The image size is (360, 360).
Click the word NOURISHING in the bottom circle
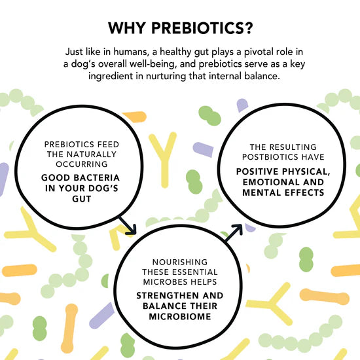(178, 262)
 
